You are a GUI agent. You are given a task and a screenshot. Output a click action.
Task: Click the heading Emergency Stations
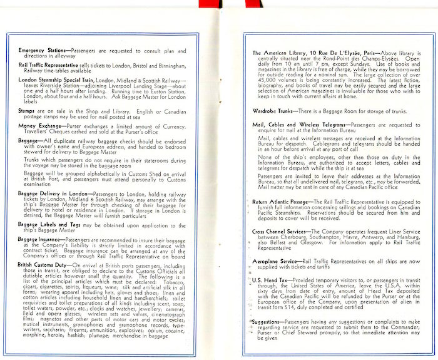[x=40, y=49]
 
